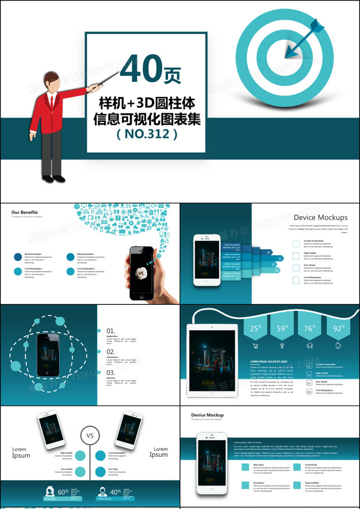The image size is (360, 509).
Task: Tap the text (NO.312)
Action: pyautogui.click(x=147, y=134)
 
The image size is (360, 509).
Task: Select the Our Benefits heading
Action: pyautogui.click(x=24, y=212)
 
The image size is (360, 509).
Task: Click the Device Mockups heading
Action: pyautogui.click(x=320, y=217)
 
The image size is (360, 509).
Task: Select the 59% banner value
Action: pyautogui.click(x=282, y=329)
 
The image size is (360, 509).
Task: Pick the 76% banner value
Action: pyautogui.click(x=309, y=329)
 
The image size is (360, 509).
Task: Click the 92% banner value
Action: pyautogui.click(x=338, y=329)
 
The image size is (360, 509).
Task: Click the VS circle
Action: pyautogui.click(x=90, y=435)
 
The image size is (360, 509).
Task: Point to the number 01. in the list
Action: pyautogui.click(x=111, y=331)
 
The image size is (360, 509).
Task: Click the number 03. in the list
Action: pyautogui.click(x=111, y=372)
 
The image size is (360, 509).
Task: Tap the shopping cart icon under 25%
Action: pyautogui.click(x=255, y=345)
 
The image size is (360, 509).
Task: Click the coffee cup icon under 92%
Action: pyautogui.click(x=338, y=345)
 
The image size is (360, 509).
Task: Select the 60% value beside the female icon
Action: pyautogui.click(x=63, y=491)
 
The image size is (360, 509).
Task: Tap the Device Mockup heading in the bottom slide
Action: pyautogui.click(x=207, y=415)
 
